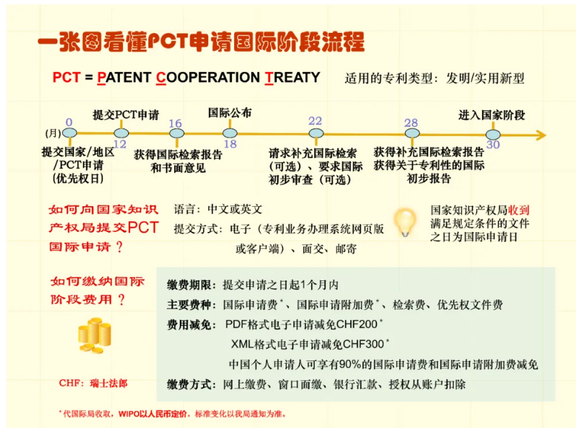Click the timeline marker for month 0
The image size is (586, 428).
pos(69,132)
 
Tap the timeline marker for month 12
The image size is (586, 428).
pos(121,133)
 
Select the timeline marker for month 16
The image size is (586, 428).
pos(177,133)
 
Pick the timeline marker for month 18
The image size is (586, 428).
pos(230,133)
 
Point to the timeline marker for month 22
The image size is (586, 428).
pos(316,133)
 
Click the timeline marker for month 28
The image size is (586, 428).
pos(412,133)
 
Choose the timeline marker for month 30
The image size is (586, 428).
pos(493,134)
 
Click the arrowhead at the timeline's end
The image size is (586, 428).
pos(541,135)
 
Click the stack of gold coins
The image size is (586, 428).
pos(95,335)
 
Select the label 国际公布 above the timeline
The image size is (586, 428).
pos(230,112)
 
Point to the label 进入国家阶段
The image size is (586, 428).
pos(491,115)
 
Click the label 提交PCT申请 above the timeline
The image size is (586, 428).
pos(126,115)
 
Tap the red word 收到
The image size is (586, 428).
pos(519,210)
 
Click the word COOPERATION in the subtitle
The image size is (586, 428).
pos(208,78)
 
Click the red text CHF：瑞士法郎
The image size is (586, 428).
pos(93,383)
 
